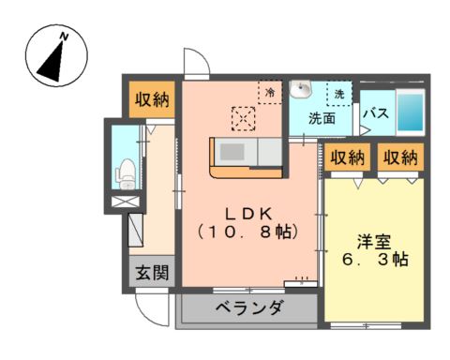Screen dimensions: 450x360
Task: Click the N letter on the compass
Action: click(x=64, y=37)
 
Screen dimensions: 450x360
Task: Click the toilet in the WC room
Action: click(x=126, y=173)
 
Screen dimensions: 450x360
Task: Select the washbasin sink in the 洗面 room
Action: click(x=301, y=89)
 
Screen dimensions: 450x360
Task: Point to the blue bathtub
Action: click(x=411, y=112)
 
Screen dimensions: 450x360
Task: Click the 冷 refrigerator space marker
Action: click(x=270, y=92)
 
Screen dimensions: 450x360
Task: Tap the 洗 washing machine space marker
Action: click(x=339, y=94)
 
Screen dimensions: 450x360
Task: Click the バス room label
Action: click(x=377, y=112)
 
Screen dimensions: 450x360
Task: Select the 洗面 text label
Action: click(x=322, y=118)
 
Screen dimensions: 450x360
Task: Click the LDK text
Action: click(x=249, y=214)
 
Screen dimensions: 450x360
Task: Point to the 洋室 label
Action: click(x=374, y=242)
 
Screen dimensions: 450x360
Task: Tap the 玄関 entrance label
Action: click(x=152, y=273)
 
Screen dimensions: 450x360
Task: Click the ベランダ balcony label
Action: click(x=249, y=307)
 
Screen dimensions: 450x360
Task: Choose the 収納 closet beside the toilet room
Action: click(x=152, y=99)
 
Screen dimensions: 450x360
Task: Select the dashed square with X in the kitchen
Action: click(x=244, y=118)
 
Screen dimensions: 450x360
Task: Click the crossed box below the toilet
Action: click(x=126, y=202)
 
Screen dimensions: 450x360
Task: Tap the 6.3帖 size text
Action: click(x=375, y=260)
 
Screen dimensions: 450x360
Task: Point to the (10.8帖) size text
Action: click(x=249, y=232)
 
